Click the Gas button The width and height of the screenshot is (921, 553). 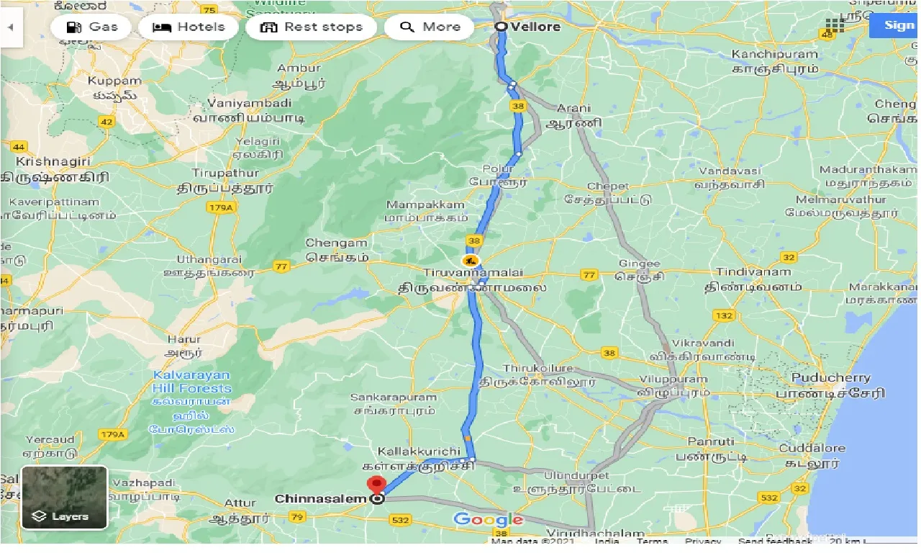(91, 27)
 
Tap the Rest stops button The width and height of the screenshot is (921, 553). (311, 27)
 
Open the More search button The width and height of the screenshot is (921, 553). (430, 27)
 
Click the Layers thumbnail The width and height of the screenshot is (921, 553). (64, 497)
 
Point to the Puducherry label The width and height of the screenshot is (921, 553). (830, 378)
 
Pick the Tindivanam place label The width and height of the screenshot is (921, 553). (753, 272)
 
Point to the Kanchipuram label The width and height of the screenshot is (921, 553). (774, 55)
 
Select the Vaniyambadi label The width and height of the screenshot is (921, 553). (250, 104)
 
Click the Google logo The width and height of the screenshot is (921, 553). (489, 519)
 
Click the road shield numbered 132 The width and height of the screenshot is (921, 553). (724, 315)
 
